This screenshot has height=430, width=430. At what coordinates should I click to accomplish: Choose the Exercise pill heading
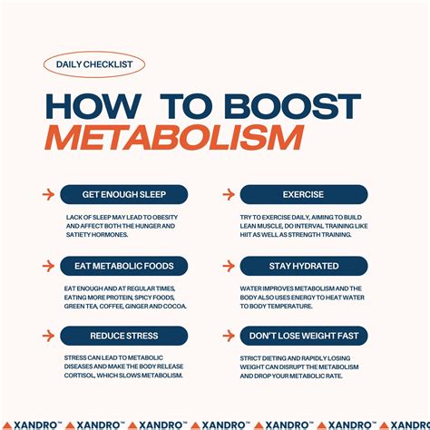click(x=303, y=194)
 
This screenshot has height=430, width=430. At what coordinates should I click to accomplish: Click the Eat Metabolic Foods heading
click(x=124, y=266)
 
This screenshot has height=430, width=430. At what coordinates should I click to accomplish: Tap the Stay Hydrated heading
click(x=303, y=266)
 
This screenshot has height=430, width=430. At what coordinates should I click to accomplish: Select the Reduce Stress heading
click(x=124, y=337)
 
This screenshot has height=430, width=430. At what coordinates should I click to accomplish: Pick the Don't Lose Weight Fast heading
click(x=303, y=337)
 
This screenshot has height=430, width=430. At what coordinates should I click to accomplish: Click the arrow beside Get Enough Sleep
click(x=47, y=194)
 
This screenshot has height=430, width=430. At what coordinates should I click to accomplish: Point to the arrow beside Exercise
click(x=228, y=194)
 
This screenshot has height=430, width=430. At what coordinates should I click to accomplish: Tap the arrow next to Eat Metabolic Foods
click(x=47, y=266)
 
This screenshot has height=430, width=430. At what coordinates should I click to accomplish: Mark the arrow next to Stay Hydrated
click(x=228, y=266)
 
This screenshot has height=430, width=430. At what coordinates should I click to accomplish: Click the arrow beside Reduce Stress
click(x=47, y=337)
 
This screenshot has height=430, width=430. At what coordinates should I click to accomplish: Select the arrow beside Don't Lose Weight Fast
click(x=228, y=337)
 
